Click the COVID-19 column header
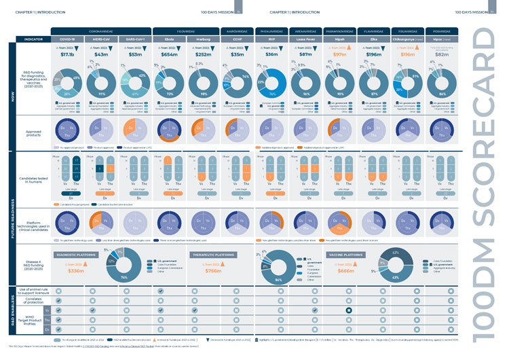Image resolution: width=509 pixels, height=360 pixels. point(67,39)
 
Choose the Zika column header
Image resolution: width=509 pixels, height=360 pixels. point(374,39)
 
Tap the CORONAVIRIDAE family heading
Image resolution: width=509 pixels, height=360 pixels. point(101,31)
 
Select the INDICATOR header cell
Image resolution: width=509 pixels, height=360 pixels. point(33,39)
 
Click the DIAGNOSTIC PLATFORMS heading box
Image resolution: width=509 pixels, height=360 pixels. point(76,255)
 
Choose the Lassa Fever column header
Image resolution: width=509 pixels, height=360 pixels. point(305,39)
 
